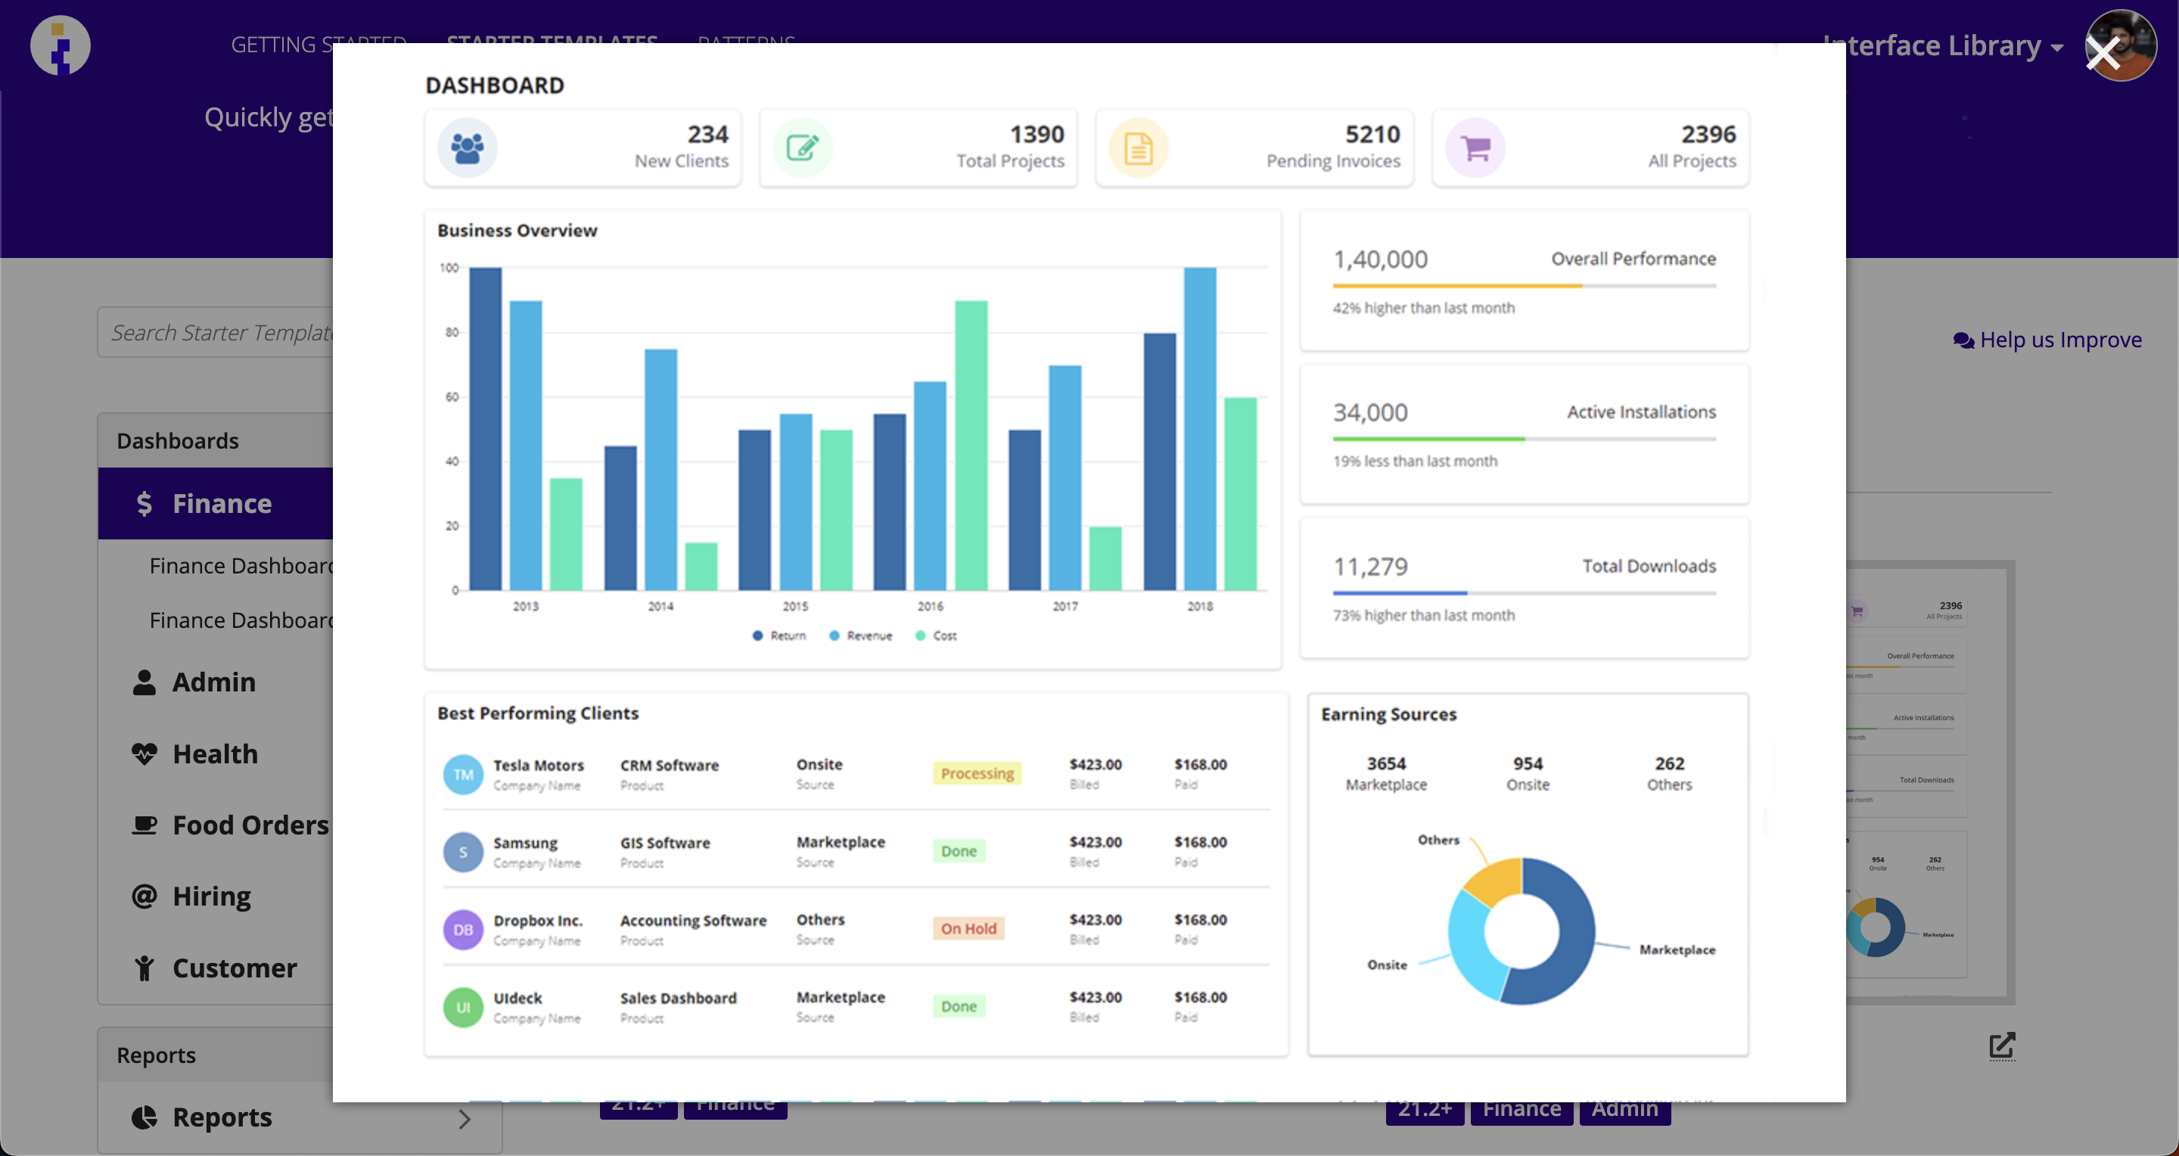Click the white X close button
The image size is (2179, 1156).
click(2103, 53)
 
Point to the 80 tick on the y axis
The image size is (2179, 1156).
click(452, 332)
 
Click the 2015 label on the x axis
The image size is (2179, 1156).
click(794, 606)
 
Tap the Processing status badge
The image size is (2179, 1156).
click(977, 773)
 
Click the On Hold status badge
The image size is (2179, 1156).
click(968, 928)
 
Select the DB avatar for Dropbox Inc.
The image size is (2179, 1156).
click(463, 929)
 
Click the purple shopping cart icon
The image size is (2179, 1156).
click(1475, 148)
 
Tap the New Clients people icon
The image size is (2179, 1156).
click(467, 148)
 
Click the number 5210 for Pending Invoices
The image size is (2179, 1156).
click(1372, 135)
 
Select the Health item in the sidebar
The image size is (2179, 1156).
click(214, 754)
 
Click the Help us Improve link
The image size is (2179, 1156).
click(2047, 340)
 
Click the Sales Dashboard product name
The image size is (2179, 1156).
click(678, 998)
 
